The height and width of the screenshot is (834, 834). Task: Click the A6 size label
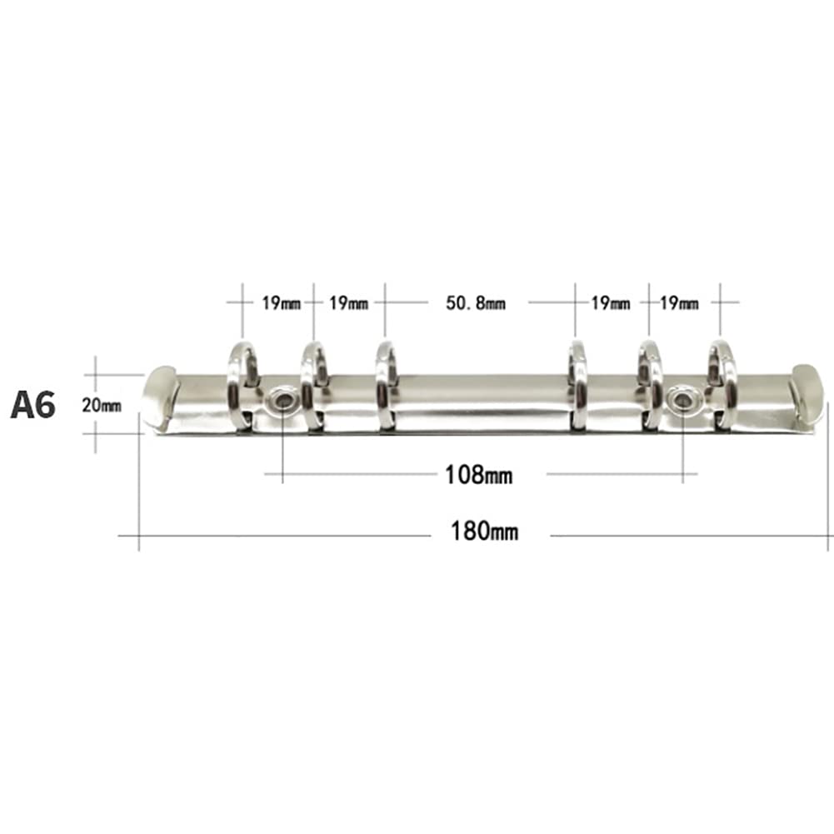33,405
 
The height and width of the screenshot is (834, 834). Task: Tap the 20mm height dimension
102,405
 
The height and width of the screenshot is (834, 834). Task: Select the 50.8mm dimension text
476,303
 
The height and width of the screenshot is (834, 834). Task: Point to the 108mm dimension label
479,474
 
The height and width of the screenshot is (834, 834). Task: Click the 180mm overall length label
484,531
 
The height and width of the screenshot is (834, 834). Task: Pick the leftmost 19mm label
281,303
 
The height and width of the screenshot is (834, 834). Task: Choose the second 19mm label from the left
348,303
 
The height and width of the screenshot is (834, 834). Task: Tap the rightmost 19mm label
679,303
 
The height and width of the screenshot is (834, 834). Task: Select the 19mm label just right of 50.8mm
611,303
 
